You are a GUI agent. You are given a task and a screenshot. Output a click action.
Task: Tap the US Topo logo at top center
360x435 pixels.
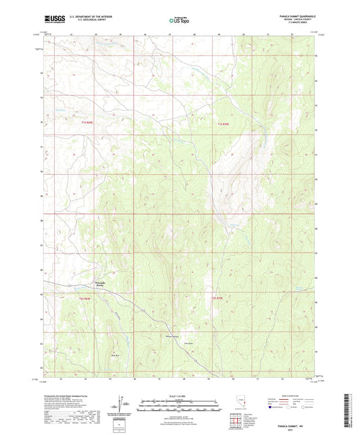pyautogui.click(x=179, y=20)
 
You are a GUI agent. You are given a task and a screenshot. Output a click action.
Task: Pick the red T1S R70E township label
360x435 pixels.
pyautogui.click(x=224, y=124)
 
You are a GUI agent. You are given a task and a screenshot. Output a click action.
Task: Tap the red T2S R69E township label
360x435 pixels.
pyautogui.click(x=84, y=299)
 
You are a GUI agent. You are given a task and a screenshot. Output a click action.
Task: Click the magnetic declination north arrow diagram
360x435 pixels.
pyautogui.click(x=120, y=403)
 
